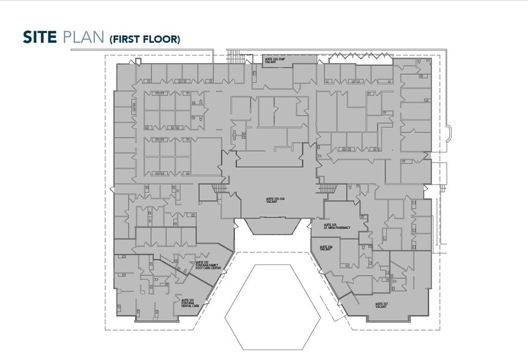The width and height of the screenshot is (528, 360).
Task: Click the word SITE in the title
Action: click(40, 37)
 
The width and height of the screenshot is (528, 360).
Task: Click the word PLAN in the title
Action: click(83, 37)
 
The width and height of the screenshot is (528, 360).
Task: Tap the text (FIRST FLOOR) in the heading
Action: click(144, 39)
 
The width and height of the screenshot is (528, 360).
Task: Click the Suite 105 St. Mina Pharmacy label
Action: click(337, 226)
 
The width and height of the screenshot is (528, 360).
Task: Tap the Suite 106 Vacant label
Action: click(326, 248)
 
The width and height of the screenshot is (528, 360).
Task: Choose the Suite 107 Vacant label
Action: click(383, 304)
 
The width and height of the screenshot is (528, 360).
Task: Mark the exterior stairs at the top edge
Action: click(235, 56)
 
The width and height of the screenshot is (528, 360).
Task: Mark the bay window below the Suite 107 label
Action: click(389, 318)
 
